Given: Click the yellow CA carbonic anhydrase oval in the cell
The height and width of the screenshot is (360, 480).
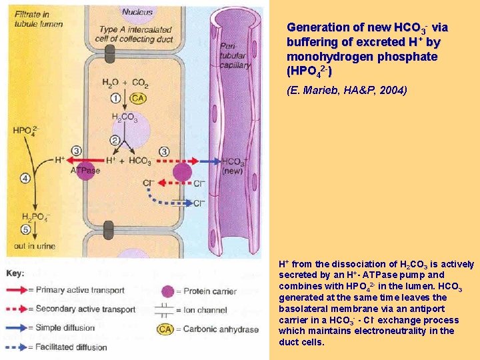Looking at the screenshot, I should [137, 99].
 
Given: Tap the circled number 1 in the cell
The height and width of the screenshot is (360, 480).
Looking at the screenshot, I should [116, 99].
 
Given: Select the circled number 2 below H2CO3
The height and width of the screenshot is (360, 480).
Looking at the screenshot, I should [116, 140].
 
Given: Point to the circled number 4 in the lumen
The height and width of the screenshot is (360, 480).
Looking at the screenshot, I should [25, 178].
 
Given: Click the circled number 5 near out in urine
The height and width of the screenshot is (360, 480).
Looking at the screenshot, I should [25, 230].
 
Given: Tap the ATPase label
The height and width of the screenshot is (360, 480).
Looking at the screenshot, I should [85, 171].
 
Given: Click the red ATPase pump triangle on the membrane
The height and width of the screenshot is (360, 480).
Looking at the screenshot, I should [85, 161].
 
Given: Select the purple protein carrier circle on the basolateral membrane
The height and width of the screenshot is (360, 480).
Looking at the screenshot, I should [181, 172].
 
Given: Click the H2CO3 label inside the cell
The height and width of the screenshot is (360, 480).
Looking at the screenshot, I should [124, 119].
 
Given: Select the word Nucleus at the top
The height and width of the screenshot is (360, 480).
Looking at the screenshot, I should [137, 11].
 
